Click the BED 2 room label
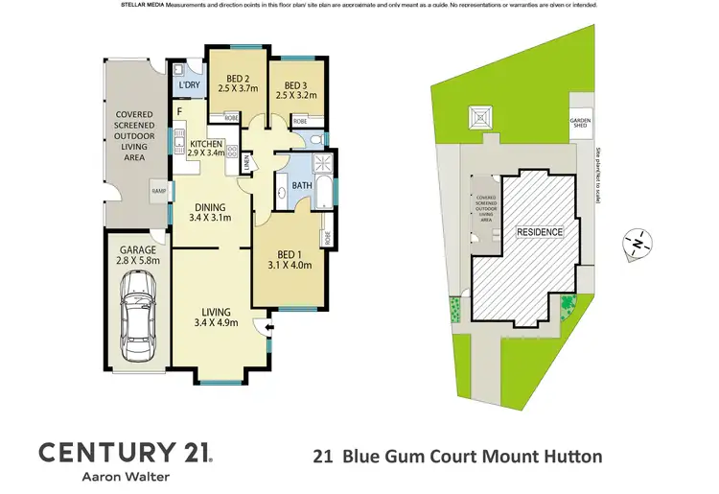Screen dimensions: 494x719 pyautogui.click(x=233, y=80)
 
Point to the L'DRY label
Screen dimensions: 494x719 pyautogui.click(x=189, y=85)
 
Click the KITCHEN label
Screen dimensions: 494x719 pyautogui.click(x=206, y=144)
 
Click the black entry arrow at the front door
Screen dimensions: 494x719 pyautogui.click(x=269, y=328)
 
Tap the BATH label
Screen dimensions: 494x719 pyautogui.click(x=302, y=185)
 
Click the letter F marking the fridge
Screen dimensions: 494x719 pyautogui.click(x=178, y=112)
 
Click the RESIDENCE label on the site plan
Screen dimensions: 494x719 pyautogui.click(x=541, y=232)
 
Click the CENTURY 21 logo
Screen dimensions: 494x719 pyautogui.click(x=125, y=452)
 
